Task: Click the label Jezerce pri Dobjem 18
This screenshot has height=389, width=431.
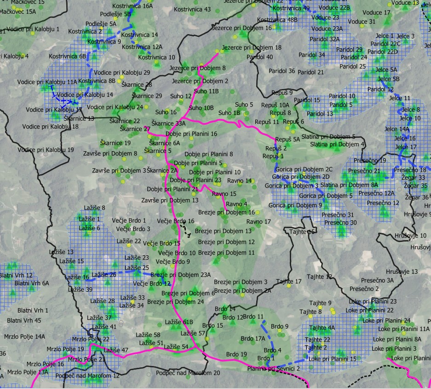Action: pos(252,47)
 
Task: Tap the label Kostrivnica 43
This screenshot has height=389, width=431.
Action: pos(193,9)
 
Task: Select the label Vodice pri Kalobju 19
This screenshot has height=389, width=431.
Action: pos(48,150)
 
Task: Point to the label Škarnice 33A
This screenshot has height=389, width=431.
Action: pos(168,124)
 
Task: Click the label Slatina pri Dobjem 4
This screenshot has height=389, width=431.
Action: pos(338,144)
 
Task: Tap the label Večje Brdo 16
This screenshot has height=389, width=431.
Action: pos(175,221)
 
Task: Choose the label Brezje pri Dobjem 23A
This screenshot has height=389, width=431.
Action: pos(180,275)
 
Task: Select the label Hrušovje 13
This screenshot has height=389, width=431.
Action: pos(402,272)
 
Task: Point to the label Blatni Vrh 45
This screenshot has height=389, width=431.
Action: pos(24,320)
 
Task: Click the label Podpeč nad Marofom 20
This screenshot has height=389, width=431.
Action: pos(188,372)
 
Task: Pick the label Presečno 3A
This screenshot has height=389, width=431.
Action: pos(377,280)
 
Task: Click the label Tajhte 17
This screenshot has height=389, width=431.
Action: pos(289,281)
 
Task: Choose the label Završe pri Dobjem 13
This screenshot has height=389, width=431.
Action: pos(170,200)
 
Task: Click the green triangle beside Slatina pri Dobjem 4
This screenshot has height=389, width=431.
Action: pos(336,149)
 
